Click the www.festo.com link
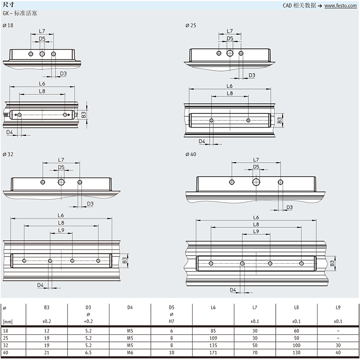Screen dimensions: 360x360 (x=340, y=5)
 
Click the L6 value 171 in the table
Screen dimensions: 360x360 (x=213, y=352)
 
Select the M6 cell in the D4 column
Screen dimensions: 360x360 (x=130, y=352)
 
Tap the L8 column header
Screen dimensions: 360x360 (x=296, y=307)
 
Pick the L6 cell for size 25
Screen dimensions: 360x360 (x=213, y=338)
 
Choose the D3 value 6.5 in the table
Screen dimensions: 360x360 (x=88, y=352)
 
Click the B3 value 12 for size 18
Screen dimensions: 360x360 (x=47, y=331)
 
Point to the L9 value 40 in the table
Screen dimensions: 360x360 (x=338, y=352)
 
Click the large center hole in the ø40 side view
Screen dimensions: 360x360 (x=256, y=182)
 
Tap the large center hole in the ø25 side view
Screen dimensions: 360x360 (x=230, y=53)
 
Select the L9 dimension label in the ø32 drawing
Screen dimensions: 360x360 (x=61, y=230)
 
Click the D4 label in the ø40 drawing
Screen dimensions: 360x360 (x=233, y=290)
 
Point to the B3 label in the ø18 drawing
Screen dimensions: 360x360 (x=83, y=115)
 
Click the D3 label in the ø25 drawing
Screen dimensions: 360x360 (x=252, y=75)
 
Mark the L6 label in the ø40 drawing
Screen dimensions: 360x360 (x=256, y=217)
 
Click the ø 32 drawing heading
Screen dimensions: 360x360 (x=8, y=154)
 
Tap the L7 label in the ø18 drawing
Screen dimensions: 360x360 (x=42, y=31)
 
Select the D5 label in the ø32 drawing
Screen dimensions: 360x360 (x=61, y=167)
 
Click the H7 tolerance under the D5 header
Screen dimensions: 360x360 (x=171, y=321)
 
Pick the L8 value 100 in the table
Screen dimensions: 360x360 (x=296, y=345)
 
